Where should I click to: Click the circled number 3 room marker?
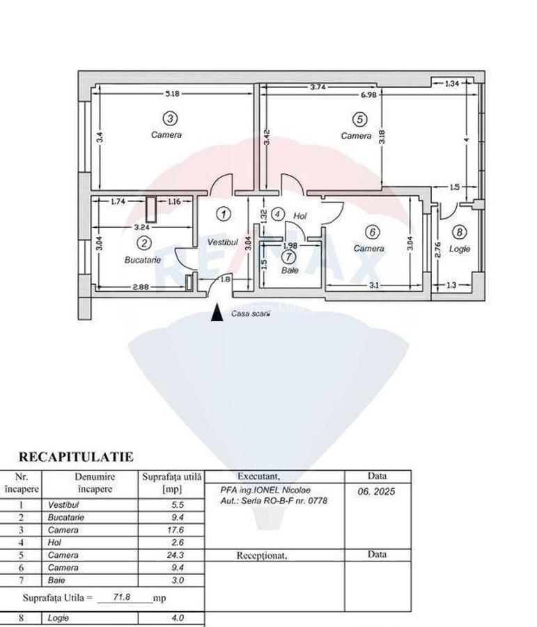click(x=171, y=118)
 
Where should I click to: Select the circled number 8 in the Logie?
click(x=460, y=232)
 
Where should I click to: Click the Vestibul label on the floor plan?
click(x=222, y=242)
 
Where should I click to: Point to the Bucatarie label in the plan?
click(x=143, y=260)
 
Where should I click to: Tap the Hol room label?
click(x=300, y=216)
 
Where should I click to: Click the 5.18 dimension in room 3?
click(x=172, y=93)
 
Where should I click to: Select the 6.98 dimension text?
click(x=368, y=95)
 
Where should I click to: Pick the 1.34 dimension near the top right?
click(x=452, y=84)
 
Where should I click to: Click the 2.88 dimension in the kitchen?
click(x=141, y=287)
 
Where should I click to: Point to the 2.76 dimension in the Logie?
click(x=438, y=249)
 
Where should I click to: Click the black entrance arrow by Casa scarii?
click(x=217, y=312)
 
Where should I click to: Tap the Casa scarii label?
click(x=251, y=314)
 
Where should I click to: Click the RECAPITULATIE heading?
click(x=76, y=456)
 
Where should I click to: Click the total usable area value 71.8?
click(x=123, y=597)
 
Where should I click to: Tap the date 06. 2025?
click(x=376, y=491)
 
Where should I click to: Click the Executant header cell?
click(x=258, y=477)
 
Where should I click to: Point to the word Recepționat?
click(x=262, y=555)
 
